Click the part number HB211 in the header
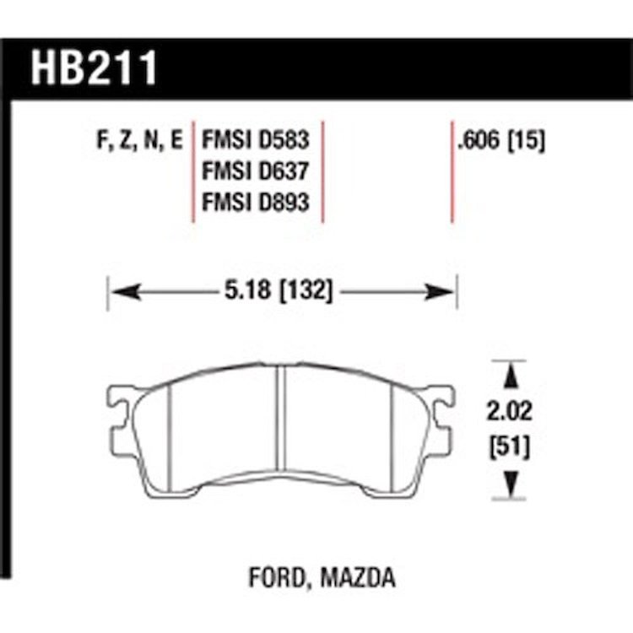coord(94,68)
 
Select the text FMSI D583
coord(255,140)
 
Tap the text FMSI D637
coord(255,170)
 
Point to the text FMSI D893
coord(255,202)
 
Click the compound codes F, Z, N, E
coord(139,141)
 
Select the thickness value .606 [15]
coord(501,141)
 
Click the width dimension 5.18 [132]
coord(279,290)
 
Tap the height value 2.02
coord(509,412)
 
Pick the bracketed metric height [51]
coord(510,447)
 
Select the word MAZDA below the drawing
coord(358,577)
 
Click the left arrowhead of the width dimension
coord(126,291)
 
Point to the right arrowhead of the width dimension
coord(439,291)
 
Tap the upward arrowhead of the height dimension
coord(511,376)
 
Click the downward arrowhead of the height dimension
coord(511,484)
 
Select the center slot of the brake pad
coord(281,419)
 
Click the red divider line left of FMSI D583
coord(193,171)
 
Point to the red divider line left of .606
coord(452,171)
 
